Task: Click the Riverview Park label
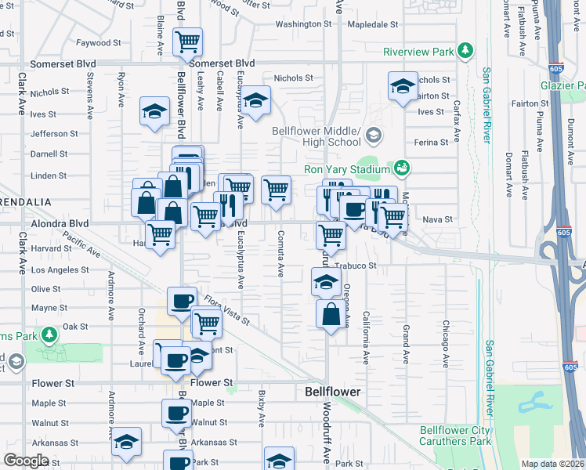click(418, 52)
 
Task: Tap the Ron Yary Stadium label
click(347, 170)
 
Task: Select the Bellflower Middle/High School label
click(317, 136)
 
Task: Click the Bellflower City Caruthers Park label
click(455, 436)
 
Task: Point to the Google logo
click(26, 461)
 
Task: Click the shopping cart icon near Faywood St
click(187, 41)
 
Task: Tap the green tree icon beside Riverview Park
click(466, 51)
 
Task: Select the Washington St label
click(303, 24)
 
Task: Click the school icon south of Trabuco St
click(326, 282)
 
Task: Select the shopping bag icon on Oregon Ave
click(331, 315)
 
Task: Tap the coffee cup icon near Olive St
click(182, 301)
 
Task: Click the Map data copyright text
click(551, 464)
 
